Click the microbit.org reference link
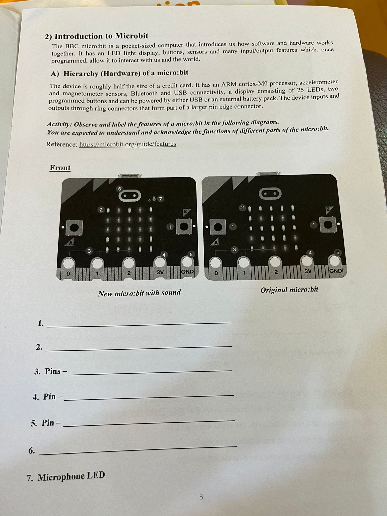tap(128, 144)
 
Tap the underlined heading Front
tap(60, 168)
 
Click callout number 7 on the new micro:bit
tap(160, 199)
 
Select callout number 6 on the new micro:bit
tap(120, 189)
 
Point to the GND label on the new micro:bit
tap(188, 272)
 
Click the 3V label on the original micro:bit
tap(308, 271)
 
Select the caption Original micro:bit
tap(289, 290)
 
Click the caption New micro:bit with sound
tap(139, 293)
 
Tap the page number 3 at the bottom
tap(201, 497)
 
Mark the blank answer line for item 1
tap(139, 325)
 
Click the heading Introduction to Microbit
tap(101, 36)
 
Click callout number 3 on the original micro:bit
tap(235, 249)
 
